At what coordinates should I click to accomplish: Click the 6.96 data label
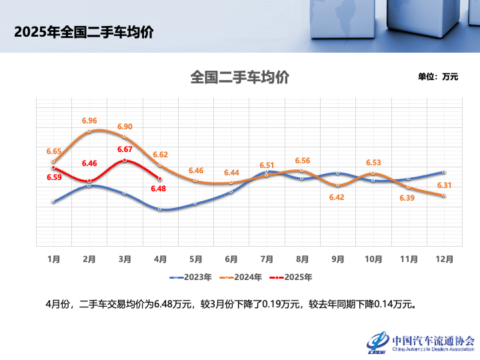[x=89, y=121]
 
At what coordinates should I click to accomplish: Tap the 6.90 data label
[x=125, y=127]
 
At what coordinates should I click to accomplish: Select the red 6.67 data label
[x=125, y=149]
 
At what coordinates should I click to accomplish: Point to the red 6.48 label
[x=159, y=189]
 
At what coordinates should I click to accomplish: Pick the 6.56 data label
[x=302, y=161]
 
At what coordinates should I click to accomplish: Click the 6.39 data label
[x=407, y=198]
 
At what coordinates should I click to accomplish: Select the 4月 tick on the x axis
[x=160, y=259]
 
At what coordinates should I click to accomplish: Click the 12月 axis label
[x=445, y=259]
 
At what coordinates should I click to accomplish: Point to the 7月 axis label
[x=267, y=259]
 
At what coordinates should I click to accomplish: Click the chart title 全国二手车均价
[x=239, y=77]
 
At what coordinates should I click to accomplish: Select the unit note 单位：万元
[x=438, y=77]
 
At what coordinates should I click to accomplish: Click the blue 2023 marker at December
[x=444, y=171]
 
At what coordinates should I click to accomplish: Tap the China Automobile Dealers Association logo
[x=420, y=342]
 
